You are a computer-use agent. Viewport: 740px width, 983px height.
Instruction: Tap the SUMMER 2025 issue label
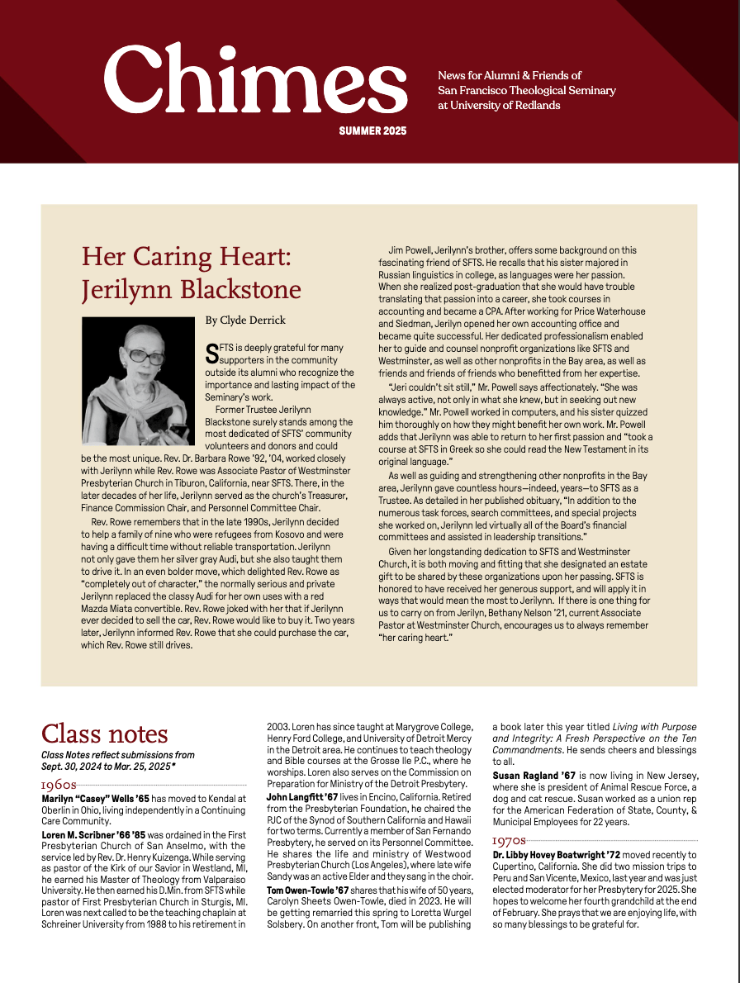point(372,131)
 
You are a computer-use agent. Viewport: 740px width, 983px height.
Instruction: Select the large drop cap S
point(212,354)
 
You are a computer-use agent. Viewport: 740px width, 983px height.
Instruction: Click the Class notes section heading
point(105,734)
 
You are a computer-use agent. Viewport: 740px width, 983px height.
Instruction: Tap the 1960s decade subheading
point(59,785)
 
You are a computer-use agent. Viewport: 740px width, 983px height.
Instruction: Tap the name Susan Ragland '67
point(534,775)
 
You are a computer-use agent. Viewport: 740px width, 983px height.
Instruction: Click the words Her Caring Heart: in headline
point(187,256)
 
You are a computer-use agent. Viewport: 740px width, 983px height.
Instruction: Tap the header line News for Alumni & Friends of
point(510,75)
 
